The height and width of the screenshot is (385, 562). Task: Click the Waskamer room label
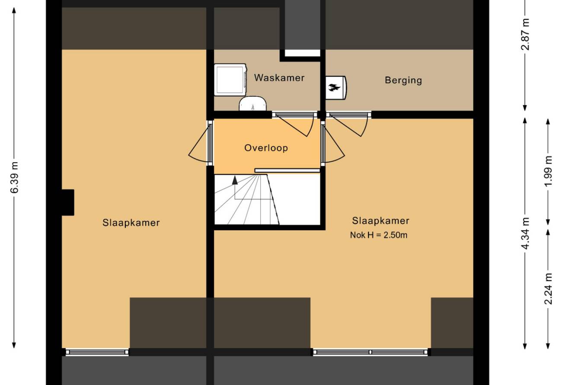279,77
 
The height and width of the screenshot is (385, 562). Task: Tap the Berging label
403,80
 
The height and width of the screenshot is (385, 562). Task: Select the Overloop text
266,148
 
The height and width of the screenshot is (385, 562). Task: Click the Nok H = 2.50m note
379,235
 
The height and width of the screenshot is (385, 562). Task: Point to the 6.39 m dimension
14,177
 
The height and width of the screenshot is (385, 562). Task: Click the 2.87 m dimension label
525,34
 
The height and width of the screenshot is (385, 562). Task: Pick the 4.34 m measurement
525,234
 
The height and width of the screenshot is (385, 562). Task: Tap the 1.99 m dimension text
548,171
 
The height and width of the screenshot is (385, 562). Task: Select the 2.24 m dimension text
548,289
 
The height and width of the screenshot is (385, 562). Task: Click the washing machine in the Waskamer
230,80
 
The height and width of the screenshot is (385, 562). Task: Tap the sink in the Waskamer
252,103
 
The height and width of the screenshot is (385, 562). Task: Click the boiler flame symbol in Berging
335,87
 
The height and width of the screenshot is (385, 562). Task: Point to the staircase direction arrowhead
235,180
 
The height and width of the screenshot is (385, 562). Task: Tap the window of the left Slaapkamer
97,352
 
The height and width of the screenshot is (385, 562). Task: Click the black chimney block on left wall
68,202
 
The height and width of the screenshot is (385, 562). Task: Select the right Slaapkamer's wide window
370,352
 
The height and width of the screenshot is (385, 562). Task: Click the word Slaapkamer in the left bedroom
131,223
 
